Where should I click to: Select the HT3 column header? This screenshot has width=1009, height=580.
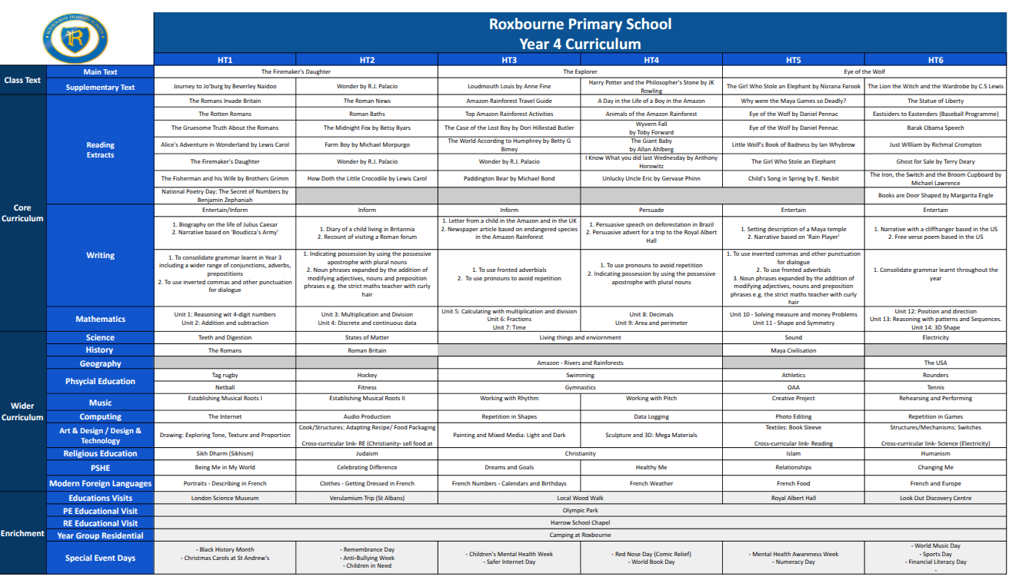click(x=509, y=60)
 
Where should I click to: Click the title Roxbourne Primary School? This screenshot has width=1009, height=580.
click(x=580, y=24)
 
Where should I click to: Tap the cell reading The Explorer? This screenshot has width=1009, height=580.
click(x=580, y=71)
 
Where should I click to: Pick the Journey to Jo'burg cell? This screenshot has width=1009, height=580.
click(x=225, y=87)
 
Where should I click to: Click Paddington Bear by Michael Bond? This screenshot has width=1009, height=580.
click(x=509, y=178)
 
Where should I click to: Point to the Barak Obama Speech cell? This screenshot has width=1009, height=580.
click(x=935, y=128)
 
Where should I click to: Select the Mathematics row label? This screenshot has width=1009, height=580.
click(x=100, y=319)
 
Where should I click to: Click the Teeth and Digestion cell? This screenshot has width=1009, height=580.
click(x=225, y=337)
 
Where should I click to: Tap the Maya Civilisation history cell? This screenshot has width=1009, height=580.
click(x=794, y=350)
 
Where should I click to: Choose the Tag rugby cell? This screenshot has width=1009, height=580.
click(x=225, y=376)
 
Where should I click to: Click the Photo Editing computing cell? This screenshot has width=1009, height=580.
click(x=794, y=417)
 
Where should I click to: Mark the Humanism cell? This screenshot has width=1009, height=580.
click(x=935, y=453)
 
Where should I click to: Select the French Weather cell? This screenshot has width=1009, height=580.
click(x=651, y=484)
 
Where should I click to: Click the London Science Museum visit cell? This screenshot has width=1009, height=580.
click(x=225, y=498)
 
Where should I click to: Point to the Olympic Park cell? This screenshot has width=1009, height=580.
click(x=580, y=510)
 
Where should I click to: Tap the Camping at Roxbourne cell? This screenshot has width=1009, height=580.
click(x=580, y=535)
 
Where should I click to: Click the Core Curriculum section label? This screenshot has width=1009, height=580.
click(x=22, y=214)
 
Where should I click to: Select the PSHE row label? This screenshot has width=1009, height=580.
click(x=100, y=468)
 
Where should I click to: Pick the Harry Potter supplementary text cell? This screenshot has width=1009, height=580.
click(x=651, y=86)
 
